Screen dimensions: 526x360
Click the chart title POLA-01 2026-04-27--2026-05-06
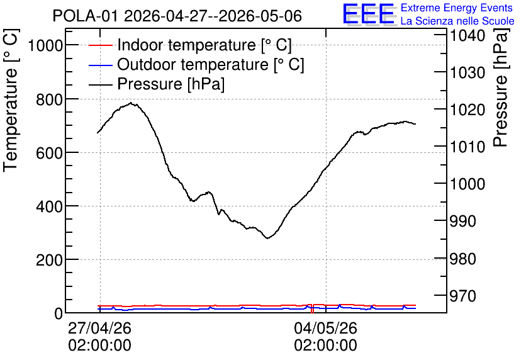click(177, 16)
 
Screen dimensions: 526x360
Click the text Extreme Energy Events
click(457, 8)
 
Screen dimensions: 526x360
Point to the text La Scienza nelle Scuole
click(457, 21)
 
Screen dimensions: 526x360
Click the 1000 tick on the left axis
click(45, 45)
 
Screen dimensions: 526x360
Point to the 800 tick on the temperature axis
click(49, 99)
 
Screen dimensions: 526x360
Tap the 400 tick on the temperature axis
click(49, 206)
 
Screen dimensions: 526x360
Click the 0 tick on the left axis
click(59, 313)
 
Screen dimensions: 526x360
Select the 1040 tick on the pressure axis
click(467, 35)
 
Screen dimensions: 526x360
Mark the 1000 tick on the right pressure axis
click(467, 184)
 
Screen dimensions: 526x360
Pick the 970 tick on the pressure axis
click(462, 296)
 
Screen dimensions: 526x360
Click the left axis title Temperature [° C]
click(11, 101)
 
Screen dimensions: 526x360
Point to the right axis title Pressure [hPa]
click(500, 88)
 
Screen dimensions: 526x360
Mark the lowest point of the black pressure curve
click(267, 238)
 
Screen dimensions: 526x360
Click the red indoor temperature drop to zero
click(312, 308)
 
